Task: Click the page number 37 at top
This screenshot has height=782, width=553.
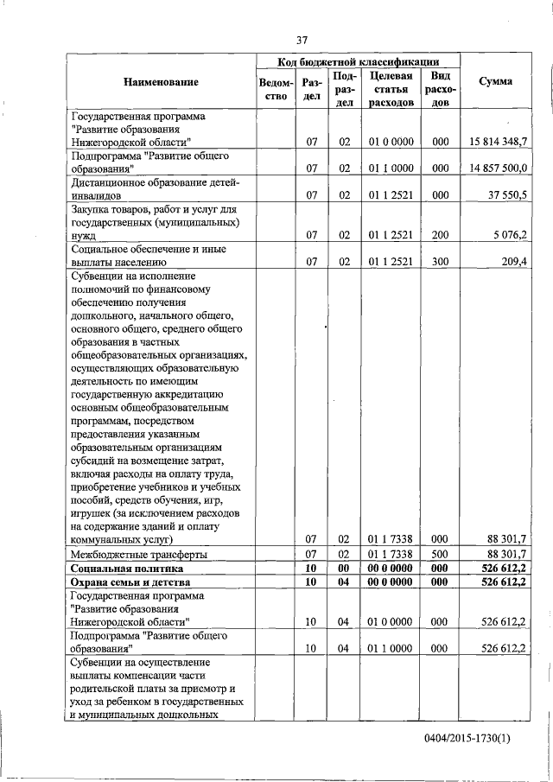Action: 302,40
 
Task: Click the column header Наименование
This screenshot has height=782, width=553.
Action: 161,82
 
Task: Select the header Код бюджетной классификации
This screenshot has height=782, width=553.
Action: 357,61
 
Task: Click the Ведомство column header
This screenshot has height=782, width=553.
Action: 273,90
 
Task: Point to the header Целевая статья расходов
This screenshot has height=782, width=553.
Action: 391,89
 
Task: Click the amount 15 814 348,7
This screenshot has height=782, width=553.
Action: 499,141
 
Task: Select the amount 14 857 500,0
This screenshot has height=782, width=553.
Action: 499,168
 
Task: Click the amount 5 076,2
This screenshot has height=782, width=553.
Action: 510,234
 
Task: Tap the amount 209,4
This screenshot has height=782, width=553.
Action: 513,261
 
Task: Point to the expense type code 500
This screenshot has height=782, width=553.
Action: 440,554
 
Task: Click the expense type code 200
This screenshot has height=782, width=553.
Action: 440,234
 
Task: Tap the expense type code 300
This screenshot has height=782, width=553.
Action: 440,261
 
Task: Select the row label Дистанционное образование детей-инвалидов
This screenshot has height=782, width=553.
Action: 153,188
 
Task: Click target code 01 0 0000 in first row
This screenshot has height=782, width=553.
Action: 391,141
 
